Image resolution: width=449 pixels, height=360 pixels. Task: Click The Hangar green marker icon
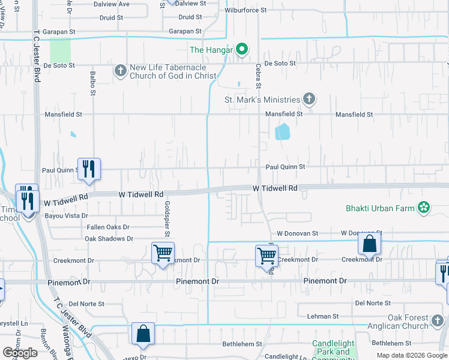[x=242, y=50]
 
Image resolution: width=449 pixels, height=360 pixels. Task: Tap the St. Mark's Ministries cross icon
[x=309, y=100]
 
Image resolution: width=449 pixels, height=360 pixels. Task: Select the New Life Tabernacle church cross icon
[x=120, y=71]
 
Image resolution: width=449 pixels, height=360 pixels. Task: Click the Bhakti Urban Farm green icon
[x=424, y=208]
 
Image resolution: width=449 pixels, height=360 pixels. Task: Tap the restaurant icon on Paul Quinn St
[x=89, y=168]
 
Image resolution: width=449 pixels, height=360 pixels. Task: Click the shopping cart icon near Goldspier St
[x=163, y=253]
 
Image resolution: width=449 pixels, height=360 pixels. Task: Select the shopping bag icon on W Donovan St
[x=370, y=244]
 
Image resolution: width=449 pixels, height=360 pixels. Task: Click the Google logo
[x=20, y=353]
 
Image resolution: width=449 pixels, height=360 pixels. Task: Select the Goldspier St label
[x=167, y=218]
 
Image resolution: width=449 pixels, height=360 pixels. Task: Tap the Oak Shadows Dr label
[x=109, y=239]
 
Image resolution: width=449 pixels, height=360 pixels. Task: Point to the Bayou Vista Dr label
[x=65, y=215]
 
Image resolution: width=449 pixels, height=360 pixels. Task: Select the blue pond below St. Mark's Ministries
[x=282, y=131]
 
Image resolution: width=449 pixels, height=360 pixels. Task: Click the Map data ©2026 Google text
[x=411, y=355]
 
